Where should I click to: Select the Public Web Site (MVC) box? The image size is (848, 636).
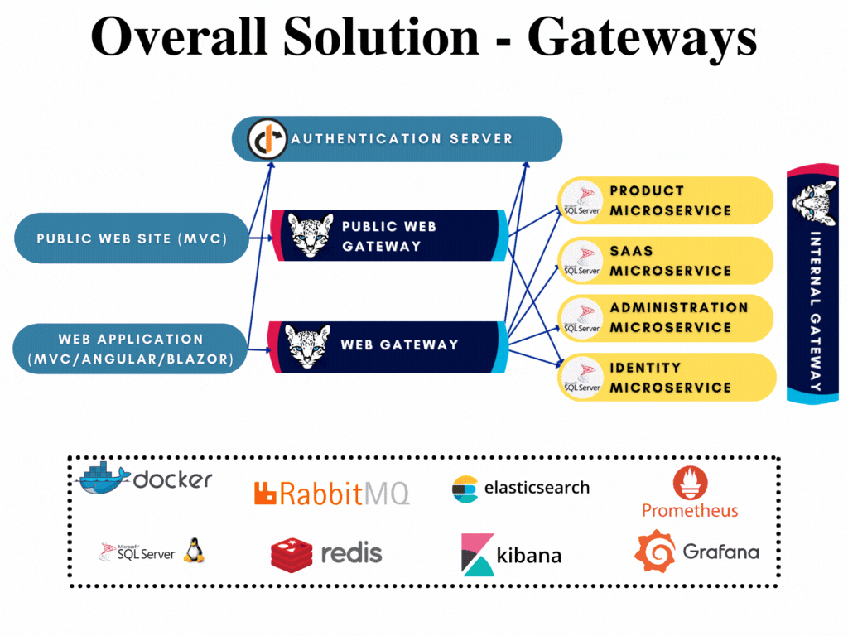coord(132,238)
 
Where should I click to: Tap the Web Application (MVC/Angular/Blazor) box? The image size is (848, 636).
coord(131,349)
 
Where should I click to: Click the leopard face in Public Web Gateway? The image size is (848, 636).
coord(311,236)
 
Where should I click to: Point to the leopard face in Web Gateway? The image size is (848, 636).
coord(307,346)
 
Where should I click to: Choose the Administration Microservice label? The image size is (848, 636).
coord(678,317)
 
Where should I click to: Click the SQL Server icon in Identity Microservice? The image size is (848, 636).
coord(581,378)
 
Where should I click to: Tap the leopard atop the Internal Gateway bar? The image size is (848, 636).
coord(812,199)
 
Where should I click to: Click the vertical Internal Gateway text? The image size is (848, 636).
coord(814,311)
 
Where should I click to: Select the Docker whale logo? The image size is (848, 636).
coord(103,478)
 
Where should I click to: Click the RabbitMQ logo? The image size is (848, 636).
coord(331,494)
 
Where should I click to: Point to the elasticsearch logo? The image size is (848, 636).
coord(521,488)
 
